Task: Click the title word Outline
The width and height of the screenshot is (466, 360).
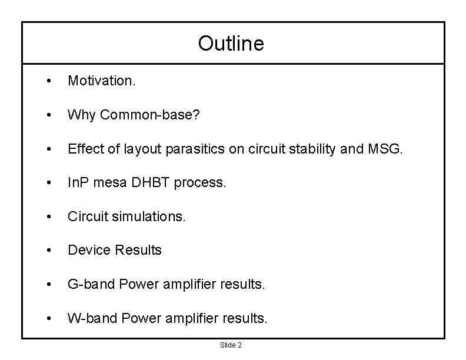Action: (231, 43)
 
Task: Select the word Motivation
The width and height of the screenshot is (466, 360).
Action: (101, 81)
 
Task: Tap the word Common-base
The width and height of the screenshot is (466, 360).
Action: (149, 115)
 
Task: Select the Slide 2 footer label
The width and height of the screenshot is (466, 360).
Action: (231, 345)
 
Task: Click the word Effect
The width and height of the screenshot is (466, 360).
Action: (85, 149)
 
